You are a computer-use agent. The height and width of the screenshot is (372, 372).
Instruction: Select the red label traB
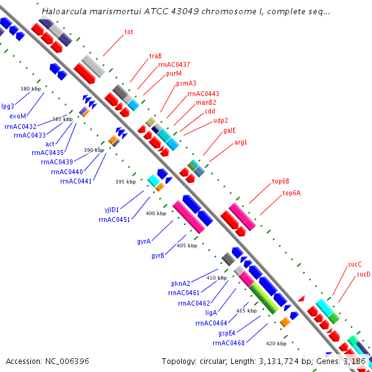click(x=155, y=56)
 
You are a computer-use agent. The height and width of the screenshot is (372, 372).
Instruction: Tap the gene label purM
click(x=174, y=73)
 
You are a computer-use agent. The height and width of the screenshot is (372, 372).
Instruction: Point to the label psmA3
click(x=186, y=83)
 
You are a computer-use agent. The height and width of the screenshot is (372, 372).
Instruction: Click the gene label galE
click(x=229, y=131)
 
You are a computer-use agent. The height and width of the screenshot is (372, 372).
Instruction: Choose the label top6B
click(x=280, y=182)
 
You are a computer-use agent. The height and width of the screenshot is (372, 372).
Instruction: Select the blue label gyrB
click(x=157, y=255)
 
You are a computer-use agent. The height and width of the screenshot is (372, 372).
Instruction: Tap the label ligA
click(x=211, y=312)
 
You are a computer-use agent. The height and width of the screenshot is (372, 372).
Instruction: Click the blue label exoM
click(x=18, y=116)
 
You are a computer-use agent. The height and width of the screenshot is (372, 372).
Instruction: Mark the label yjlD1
click(x=112, y=210)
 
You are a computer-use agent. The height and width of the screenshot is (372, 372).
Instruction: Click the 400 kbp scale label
click(x=156, y=213)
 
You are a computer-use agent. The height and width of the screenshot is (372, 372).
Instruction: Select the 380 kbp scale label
click(x=30, y=89)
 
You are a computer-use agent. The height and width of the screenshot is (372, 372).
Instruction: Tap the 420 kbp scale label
click(x=276, y=343)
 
